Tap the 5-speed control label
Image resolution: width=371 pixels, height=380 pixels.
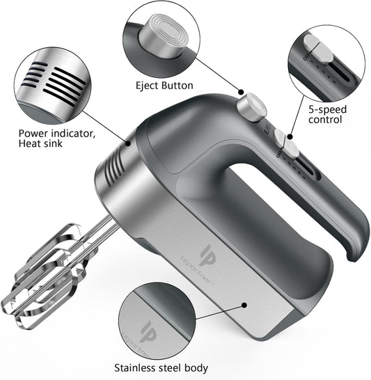point(327,114)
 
